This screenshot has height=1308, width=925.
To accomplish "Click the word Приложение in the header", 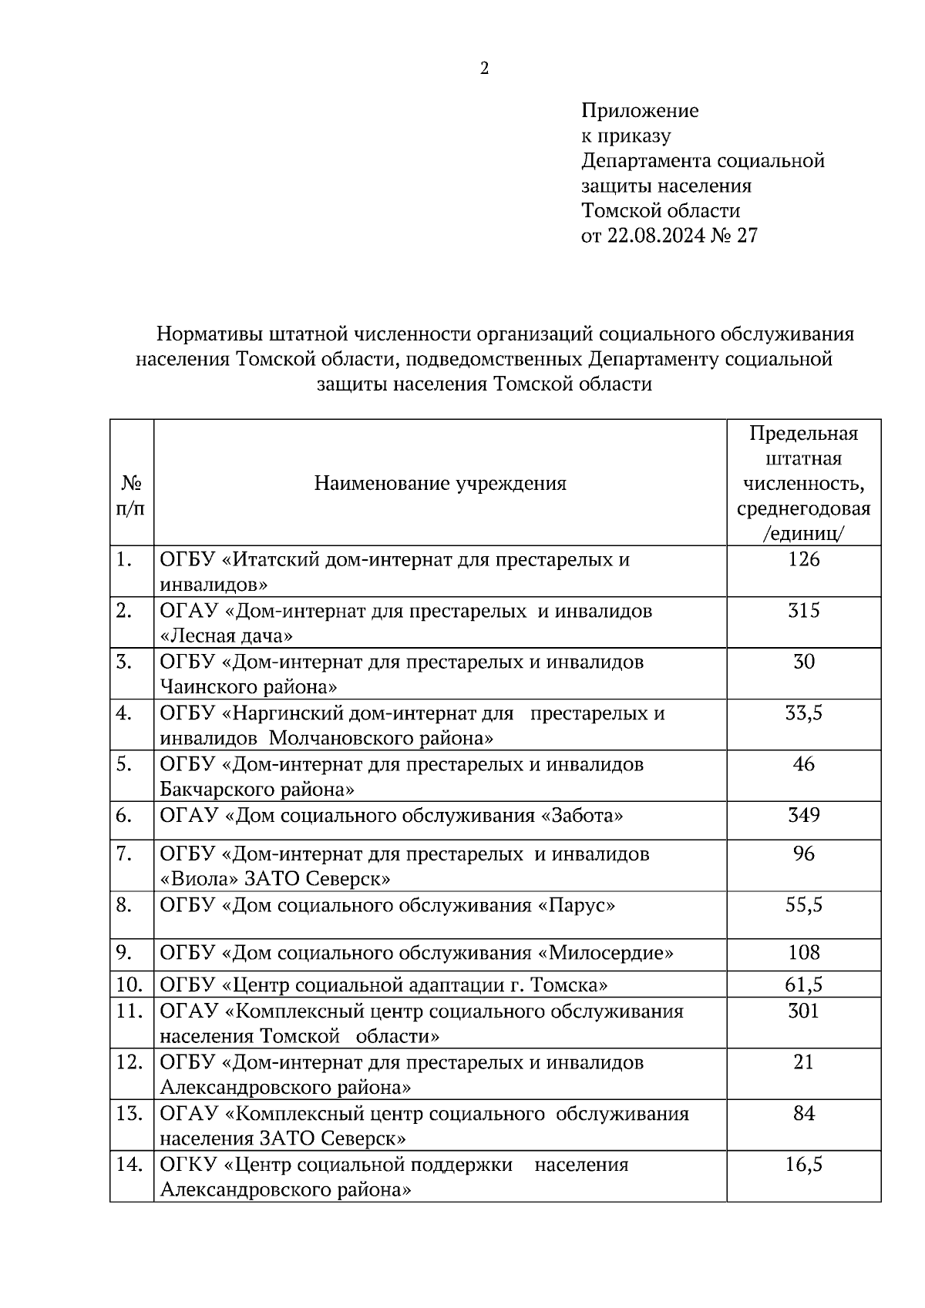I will [640, 111].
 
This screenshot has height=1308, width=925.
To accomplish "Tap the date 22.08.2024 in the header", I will [655, 236].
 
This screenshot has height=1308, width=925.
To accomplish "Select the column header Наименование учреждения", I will [440, 484].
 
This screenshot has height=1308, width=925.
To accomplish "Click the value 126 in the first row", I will [803, 560].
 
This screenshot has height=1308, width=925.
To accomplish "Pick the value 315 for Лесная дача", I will [803, 612].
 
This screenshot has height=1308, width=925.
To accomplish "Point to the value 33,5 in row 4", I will [803, 714].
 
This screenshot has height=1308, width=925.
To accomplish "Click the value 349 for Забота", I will [803, 815].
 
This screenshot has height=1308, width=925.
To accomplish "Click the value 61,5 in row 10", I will [803, 985].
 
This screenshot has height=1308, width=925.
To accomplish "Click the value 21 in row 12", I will [803, 1063].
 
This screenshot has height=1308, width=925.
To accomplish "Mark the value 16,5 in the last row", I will [803, 1165].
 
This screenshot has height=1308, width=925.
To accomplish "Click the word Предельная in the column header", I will [803, 434].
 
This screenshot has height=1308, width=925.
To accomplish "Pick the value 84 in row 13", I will [803, 1114].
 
